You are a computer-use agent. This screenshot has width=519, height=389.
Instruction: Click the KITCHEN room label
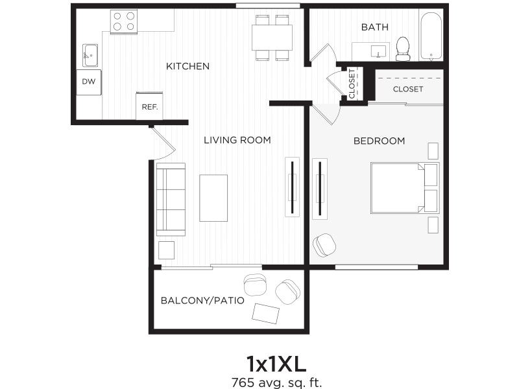tap(187, 66)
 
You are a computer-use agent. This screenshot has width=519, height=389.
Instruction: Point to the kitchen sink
tap(90, 55)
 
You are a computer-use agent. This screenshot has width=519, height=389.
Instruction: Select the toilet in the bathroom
tap(403, 49)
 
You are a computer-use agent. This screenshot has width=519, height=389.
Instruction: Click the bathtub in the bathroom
tap(431, 36)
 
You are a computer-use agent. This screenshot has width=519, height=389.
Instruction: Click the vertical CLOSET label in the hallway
tap(352, 84)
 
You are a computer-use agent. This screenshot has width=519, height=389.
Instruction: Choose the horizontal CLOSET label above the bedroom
tap(408, 89)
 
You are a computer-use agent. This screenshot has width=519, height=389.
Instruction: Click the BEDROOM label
tap(379, 141)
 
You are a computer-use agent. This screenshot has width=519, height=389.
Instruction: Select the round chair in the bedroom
tap(324, 245)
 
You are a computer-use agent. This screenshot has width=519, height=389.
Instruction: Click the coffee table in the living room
tap(213, 198)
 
